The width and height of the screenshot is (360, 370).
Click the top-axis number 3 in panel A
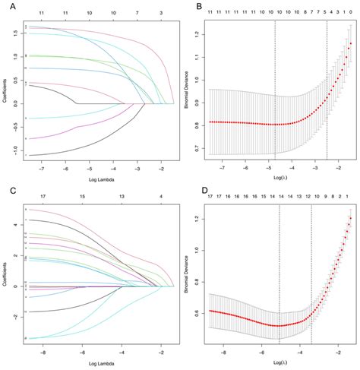[x=160, y=14]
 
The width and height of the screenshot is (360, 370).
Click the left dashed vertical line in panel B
[x=275, y=91]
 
